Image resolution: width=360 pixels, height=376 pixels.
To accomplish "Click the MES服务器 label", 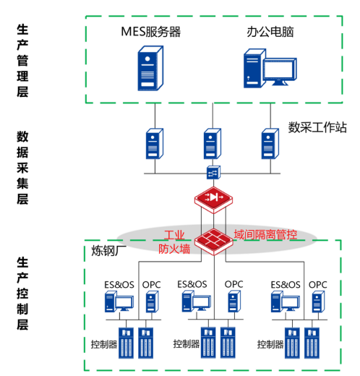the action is [150, 32].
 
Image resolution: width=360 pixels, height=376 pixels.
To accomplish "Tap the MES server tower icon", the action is [150, 68].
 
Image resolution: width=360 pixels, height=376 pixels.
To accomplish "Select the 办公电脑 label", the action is [270, 32].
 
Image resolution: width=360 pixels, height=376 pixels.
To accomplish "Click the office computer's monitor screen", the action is [280, 69].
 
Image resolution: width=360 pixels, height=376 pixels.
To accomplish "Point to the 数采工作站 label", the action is [317, 127].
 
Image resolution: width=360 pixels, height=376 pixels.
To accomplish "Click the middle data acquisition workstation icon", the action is [213, 144].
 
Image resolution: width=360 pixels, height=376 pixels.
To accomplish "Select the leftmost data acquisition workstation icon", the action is [155, 144].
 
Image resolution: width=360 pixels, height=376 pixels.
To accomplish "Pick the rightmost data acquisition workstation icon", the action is [270, 144].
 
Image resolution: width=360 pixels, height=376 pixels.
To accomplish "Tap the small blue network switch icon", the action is [213, 172].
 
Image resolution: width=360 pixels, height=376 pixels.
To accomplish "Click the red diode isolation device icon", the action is [213, 200].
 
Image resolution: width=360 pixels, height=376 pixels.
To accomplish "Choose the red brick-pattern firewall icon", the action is [214, 242].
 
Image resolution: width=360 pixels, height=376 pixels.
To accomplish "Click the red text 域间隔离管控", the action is [265, 234].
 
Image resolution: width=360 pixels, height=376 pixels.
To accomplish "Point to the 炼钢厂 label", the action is [108, 251].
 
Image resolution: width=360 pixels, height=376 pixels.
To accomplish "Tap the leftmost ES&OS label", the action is [119, 285].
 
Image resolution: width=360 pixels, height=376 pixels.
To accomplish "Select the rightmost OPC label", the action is [318, 285].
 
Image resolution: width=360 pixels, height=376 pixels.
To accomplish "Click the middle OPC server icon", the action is [234, 302].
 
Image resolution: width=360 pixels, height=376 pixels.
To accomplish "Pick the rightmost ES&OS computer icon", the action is [286, 302].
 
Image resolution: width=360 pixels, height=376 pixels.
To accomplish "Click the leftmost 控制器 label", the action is [104, 344].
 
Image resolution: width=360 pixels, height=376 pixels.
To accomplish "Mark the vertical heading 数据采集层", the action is [22, 168].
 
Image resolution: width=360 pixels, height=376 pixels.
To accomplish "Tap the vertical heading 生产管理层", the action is [22, 61].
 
